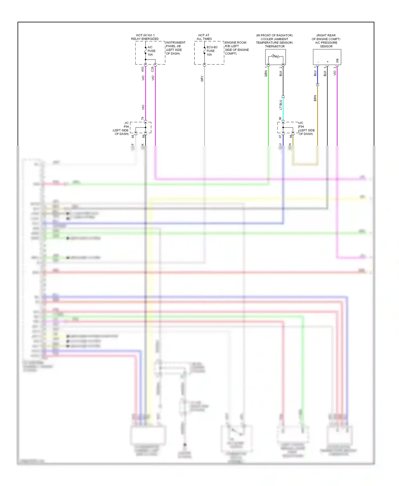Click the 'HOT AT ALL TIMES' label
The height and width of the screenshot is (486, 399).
pyautogui.click(x=204, y=37)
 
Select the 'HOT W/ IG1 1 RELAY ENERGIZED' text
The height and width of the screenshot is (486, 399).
pyautogui.click(x=145, y=37)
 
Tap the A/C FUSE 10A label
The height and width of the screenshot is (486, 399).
pyautogui.click(x=151, y=51)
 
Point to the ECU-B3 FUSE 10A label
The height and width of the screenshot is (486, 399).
pyautogui.click(x=211, y=51)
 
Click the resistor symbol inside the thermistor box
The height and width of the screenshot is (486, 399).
pyautogui.click(x=275, y=56)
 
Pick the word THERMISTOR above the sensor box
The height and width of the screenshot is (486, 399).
pyautogui.click(x=275, y=47)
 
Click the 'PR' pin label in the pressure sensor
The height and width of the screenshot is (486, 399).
pyautogui.click(x=338, y=61)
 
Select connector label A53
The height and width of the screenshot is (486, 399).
pyautogui.click(x=143, y=69)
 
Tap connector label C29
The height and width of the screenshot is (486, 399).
pyautogui.click(x=153, y=69)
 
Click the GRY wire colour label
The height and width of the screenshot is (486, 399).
pyautogui.click(x=202, y=78)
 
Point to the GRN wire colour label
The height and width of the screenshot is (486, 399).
pyautogui.click(x=266, y=74)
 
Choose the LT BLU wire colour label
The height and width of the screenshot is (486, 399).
pyautogui.click(x=281, y=104)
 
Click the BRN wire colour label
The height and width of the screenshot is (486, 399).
pyautogui.click(x=315, y=98)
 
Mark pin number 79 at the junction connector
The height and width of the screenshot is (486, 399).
pyautogui.click(x=143, y=119)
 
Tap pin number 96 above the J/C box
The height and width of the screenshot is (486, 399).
pyautogui.click(x=280, y=119)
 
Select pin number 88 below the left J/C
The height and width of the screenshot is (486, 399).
pyautogui.click(x=133, y=136)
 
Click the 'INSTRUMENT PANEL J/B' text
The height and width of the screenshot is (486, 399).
pyautogui.click(x=175, y=44)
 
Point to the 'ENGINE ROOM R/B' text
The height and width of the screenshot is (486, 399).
pyautogui.click(x=236, y=44)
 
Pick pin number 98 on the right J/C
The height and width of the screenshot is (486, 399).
pyautogui.click(x=291, y=136)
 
